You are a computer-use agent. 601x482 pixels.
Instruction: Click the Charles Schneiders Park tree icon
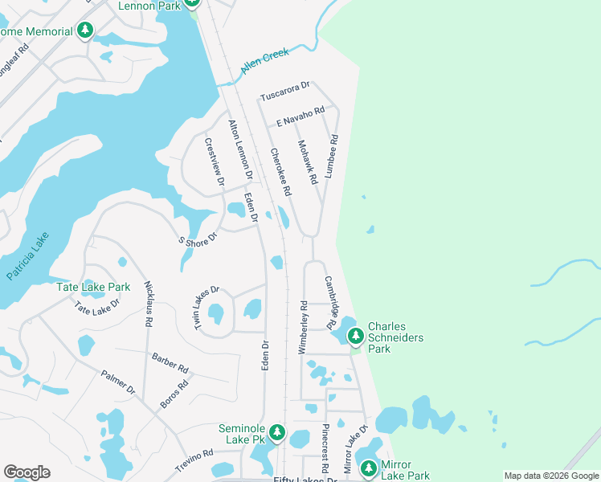tap(355, 333)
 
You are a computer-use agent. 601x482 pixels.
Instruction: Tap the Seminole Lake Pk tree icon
tap(277, 434)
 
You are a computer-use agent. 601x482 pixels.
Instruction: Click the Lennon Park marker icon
tap(191, 3)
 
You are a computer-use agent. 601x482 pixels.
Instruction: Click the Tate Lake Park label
tap(93, 287)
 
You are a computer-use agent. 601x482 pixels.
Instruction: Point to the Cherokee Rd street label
tap(280, 173)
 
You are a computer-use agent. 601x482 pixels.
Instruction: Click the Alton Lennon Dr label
tap(240, 149)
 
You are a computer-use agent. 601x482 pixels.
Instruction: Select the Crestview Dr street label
tap(213, 160)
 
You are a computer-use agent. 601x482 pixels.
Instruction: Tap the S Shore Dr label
tap(198, 240)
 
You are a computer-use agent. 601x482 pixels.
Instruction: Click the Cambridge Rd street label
tap(330, 303)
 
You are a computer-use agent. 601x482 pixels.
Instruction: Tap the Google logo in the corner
tap(27, 472)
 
